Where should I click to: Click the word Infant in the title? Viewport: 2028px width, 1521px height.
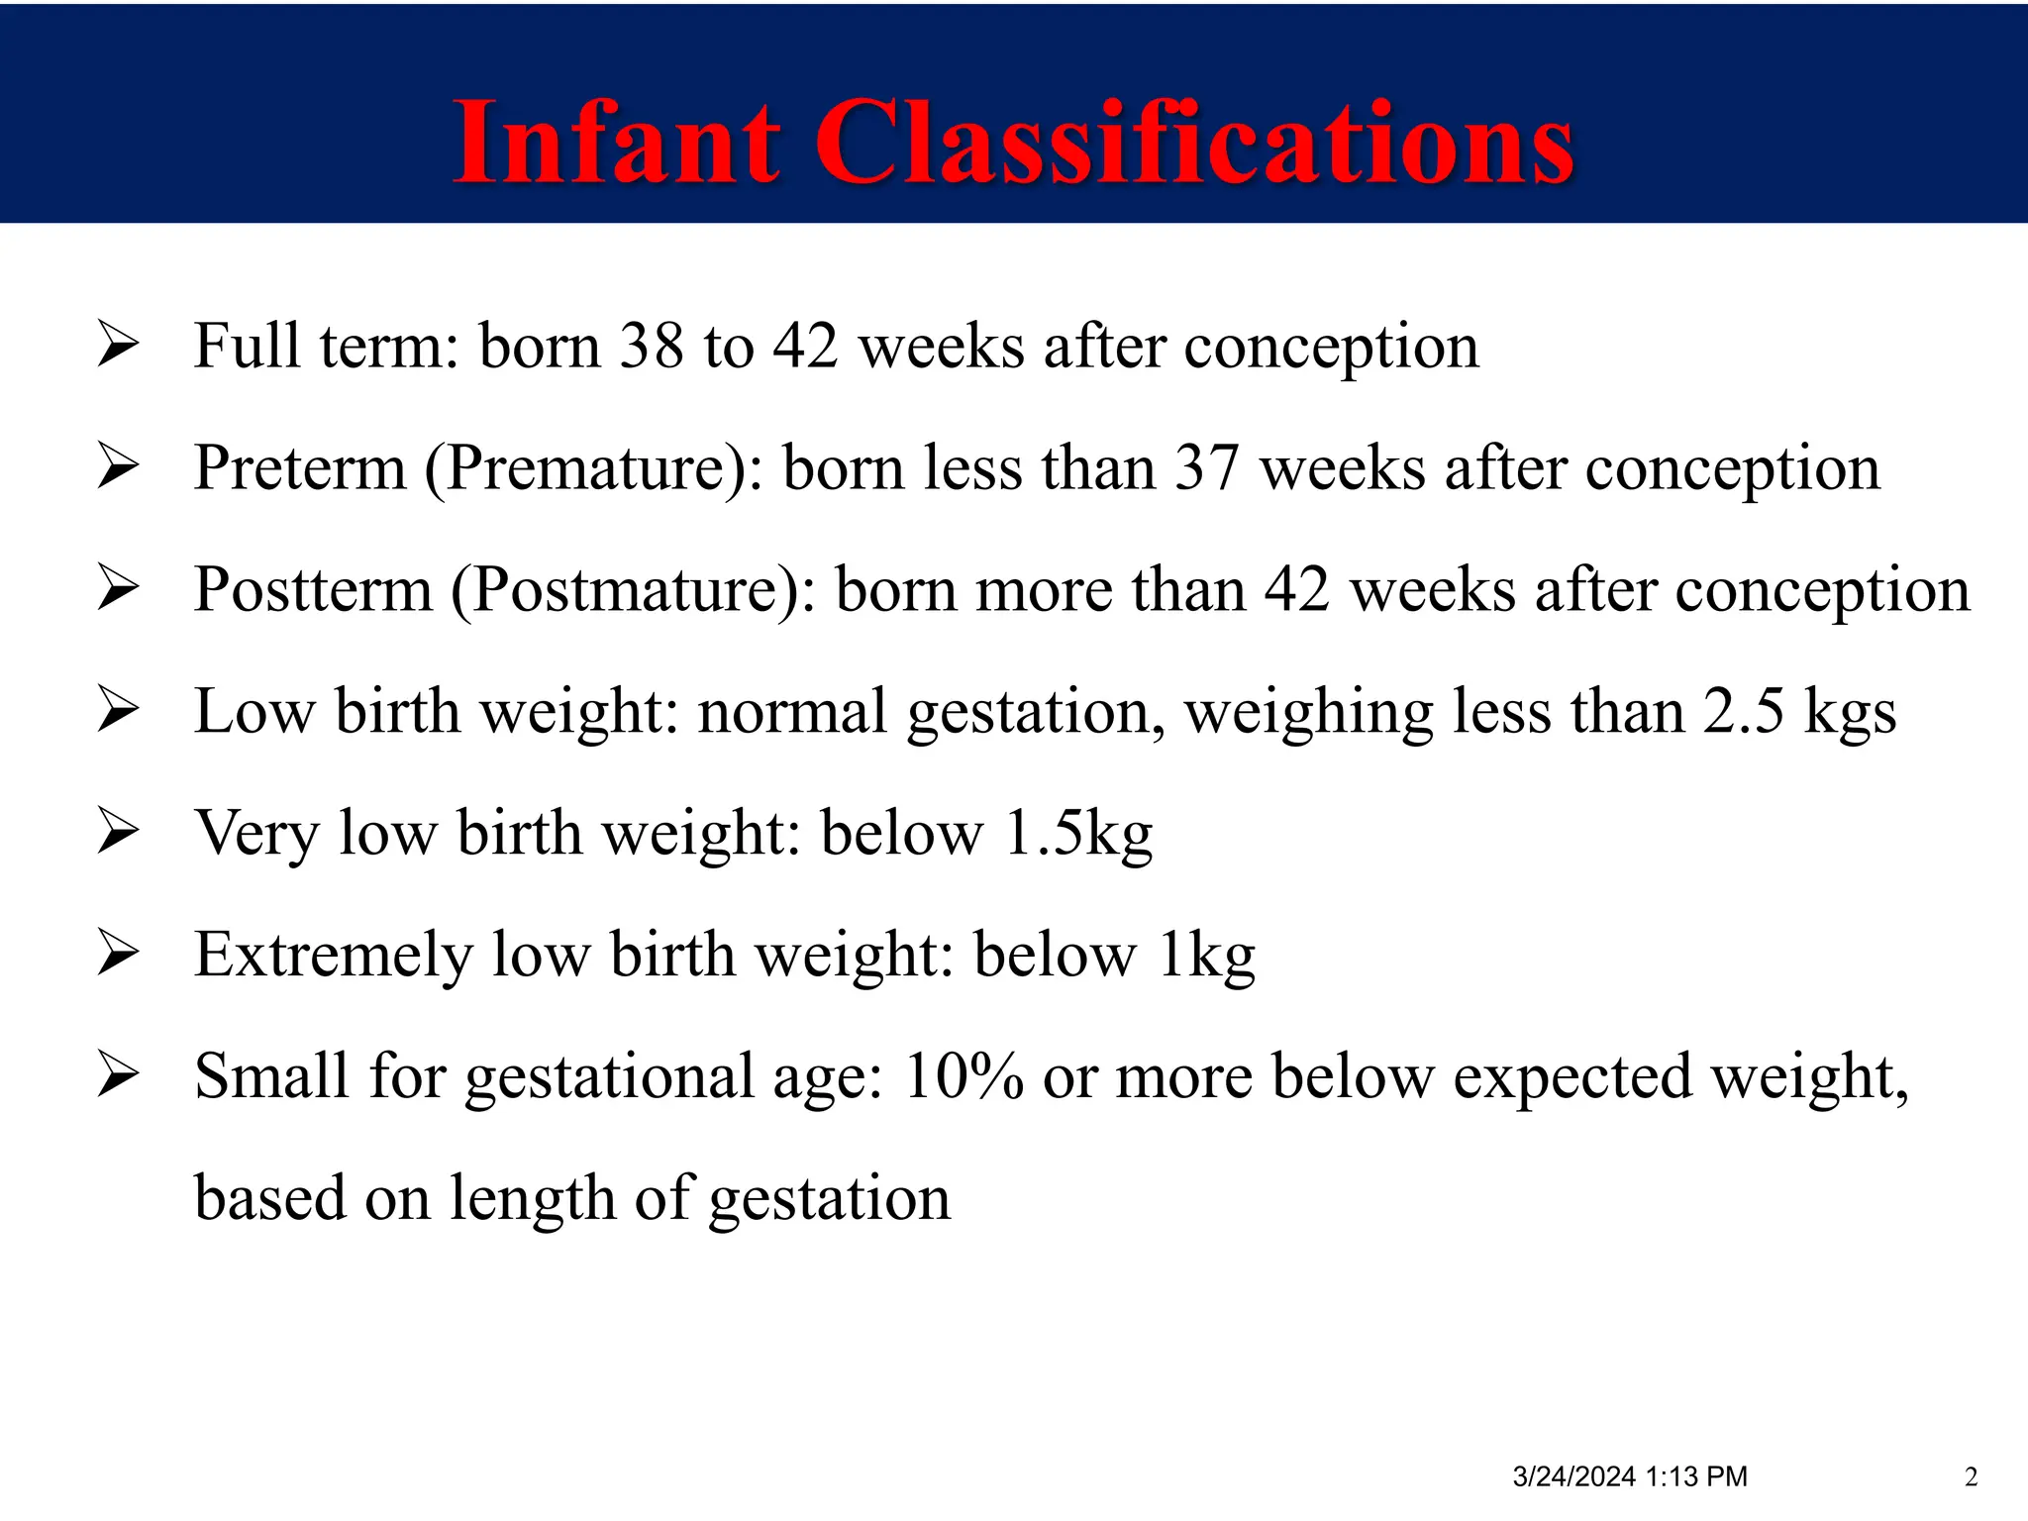point(616,144)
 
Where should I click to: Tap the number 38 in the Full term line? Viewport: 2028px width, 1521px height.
point(651,347)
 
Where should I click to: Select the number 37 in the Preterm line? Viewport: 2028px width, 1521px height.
point(1206,468)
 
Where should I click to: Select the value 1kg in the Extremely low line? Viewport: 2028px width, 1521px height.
point(1205,956)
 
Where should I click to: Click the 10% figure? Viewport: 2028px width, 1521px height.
point(963,1077)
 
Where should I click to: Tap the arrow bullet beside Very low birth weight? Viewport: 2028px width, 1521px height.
point(119,833)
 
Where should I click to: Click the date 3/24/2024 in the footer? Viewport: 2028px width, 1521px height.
point(1573,1476)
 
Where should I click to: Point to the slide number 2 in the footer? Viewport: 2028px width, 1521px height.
point(1971,1476)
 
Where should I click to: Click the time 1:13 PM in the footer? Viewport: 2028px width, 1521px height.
point(1696,1476)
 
